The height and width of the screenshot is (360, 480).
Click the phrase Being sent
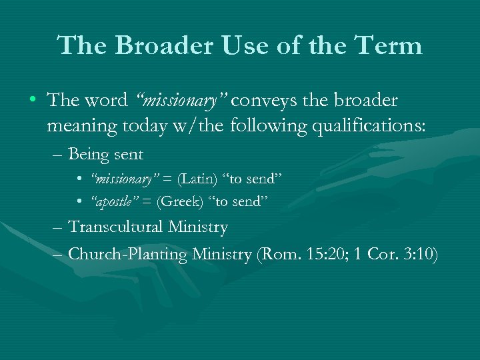tap(106, 155)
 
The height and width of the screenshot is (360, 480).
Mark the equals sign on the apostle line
tap(147, 201)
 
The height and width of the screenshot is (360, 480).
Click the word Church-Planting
tap(128, 253)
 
